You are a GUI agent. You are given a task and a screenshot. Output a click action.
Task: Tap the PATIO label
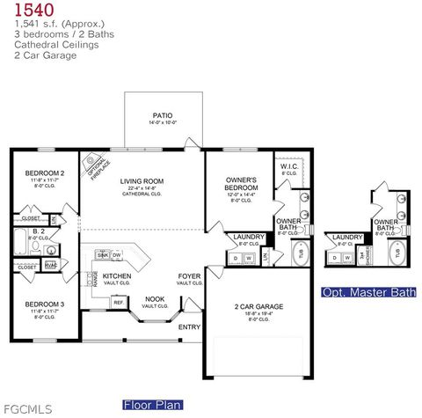point(162,114)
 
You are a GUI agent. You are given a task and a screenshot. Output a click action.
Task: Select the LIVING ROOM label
point(142,181)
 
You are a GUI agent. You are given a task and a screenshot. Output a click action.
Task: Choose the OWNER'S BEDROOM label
point(240,184)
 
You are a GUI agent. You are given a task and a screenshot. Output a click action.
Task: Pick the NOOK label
point(155,298)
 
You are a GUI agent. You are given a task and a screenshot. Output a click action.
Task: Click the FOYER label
point(189,276)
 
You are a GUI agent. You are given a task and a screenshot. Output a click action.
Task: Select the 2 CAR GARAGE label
point(258,306)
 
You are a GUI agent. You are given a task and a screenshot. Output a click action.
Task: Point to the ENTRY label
point(190,327)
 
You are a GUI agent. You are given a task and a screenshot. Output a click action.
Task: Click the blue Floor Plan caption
point(153,405)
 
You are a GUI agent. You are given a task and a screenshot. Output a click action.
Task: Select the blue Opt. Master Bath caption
point(369,292)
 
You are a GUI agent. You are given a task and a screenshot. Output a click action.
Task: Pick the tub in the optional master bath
point(397,253)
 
